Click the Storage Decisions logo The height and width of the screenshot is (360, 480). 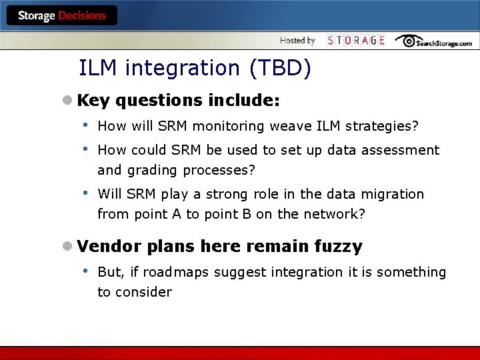coord(62,15)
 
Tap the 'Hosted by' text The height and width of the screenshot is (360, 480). coord(297,41)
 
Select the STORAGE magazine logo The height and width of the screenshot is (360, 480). coord(356,41)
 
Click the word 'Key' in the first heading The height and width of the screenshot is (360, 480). coord(93,101)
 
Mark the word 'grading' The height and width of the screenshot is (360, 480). coord(153,171)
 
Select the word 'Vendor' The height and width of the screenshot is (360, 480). coord(109,247)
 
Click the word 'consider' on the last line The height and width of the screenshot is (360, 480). coord(144,292)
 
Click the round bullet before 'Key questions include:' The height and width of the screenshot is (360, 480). coord(67,101)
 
